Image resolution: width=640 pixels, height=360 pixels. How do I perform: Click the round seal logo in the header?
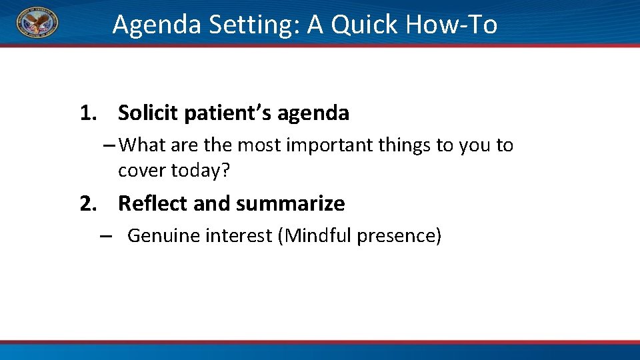37,23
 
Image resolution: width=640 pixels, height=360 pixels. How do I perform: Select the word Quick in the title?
361,25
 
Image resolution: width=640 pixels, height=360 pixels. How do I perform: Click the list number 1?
87,113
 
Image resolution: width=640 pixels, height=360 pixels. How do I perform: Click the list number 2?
87,203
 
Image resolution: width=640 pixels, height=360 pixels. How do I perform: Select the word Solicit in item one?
148,113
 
